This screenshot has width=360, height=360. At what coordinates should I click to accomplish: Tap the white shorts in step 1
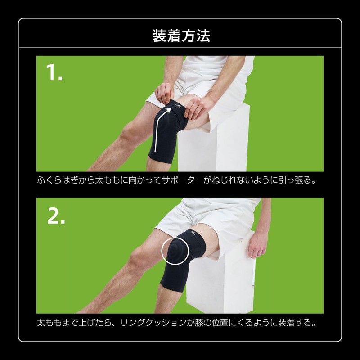point(202,85)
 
